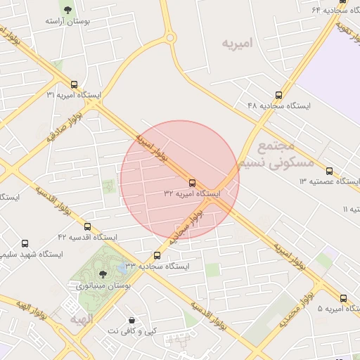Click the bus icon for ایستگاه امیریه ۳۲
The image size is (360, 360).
[193, 182]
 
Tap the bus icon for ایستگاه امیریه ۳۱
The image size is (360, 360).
[74, 84]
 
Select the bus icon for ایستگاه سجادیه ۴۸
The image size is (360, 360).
[279, 95]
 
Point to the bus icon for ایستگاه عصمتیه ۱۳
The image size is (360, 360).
[330, 171]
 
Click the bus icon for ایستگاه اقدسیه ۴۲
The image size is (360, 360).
[87, 227]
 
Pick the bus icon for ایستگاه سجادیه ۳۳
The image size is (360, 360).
[157, 256]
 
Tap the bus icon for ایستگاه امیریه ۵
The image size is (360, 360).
[343, 298]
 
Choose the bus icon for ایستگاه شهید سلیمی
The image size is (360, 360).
[25, 243]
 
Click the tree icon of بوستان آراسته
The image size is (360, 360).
[67, 10]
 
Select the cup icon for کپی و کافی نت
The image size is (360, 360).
[152, 320]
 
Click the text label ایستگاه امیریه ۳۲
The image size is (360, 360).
[193, 193]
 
